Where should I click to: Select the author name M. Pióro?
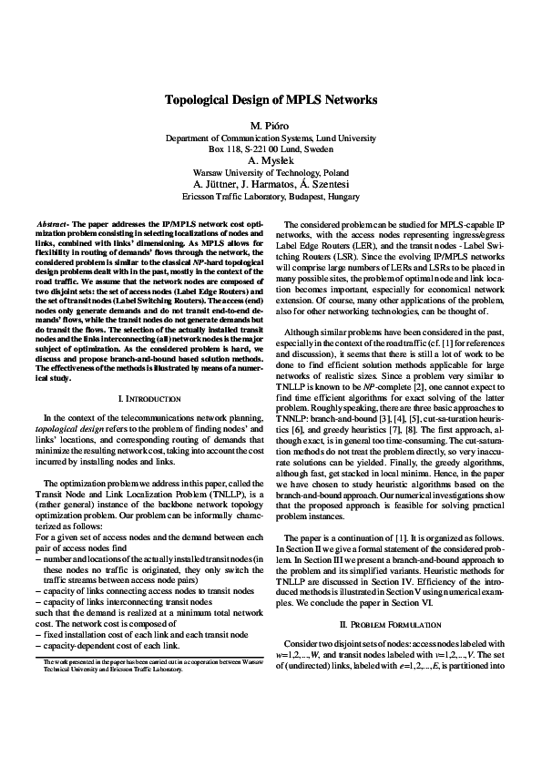[x=271, y=124]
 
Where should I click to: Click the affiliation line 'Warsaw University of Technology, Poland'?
[x=271, y=171]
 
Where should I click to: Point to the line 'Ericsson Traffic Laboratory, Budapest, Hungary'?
[x=271, y=195]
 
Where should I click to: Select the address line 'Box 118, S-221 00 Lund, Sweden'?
[x=271, y=147]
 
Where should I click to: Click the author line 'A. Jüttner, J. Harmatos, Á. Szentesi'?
[x=271, y=183]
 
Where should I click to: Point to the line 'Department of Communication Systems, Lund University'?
[x=271, y=136]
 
